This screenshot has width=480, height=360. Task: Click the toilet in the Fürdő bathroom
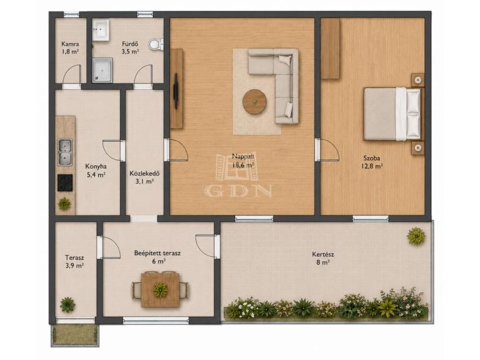[156, 44]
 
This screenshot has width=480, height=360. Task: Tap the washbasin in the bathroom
[101, 30]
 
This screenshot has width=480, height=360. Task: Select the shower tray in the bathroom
[102, 70]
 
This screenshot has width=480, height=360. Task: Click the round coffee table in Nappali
[254, 102]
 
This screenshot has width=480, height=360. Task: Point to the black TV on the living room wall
[176, 91]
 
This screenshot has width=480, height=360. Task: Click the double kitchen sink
[65, 152]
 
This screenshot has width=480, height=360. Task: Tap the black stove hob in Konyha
[65, 183]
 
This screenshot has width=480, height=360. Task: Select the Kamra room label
[70, 44]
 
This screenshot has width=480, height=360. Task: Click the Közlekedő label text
[145, 173]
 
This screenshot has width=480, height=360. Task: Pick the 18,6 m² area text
[244, 166]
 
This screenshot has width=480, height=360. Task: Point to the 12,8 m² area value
[372, 166]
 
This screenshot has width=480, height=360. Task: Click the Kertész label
[323, 254]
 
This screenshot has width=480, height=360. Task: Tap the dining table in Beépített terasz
[160, 289]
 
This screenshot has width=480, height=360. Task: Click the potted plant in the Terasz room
[67, 304]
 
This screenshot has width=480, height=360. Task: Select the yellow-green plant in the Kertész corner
[416, 236]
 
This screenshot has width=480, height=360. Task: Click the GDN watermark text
[239, 191]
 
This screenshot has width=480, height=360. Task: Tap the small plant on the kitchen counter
[64, 203]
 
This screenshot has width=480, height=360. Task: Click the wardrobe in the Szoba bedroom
[331, 49]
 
